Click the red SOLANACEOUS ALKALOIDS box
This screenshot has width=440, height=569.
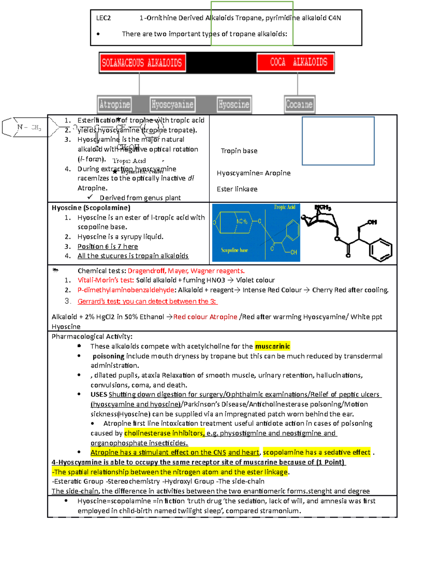pos(142,63)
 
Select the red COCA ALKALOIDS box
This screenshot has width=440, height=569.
pos(296,62)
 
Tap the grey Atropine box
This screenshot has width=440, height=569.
pos(114,104)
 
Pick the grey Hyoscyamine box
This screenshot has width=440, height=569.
pos(172,104)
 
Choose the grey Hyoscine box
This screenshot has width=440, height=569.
pos(234,104)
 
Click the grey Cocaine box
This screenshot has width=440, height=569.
pos(299,104)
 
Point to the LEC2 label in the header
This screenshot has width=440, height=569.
pos(103,18)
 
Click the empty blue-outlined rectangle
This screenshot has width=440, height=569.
pos(338,141)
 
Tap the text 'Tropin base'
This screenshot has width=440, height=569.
pos(239,151)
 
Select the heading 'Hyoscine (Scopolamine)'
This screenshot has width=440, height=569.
pos(91,208)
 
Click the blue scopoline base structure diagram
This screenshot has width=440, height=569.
pos(256,233)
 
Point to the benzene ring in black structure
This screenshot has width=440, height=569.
pos(381,250)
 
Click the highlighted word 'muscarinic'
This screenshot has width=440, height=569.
pos(272,346)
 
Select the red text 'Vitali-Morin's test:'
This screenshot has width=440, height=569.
pos(106,280)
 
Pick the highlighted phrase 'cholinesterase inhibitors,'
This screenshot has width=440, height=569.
pos(164,433)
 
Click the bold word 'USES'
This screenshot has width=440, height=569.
pos(99,395)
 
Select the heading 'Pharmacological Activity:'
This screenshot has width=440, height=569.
pos(92,336)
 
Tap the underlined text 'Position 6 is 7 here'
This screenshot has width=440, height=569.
pos(108,247)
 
